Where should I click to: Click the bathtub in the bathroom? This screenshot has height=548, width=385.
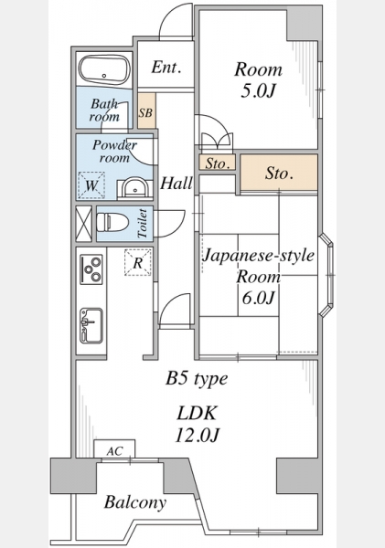(104, 69)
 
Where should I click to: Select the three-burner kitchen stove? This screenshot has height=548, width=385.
(91, 269)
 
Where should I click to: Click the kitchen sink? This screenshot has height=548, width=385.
(91, 326)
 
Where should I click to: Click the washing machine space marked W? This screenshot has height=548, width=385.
(91, 185)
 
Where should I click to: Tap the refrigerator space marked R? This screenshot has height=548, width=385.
(138, 262)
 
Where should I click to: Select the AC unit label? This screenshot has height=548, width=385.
(114, 451)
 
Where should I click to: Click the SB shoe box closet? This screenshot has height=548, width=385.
(146, 111)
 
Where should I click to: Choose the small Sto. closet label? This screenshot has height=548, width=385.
(218, 163)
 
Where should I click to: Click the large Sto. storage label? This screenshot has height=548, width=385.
(279, 173)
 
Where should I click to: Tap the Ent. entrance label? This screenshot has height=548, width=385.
(166, 67)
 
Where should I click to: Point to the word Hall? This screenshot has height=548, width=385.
(176, 183)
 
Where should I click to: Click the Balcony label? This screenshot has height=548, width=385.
(135, 502)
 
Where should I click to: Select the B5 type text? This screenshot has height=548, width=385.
(197, 379)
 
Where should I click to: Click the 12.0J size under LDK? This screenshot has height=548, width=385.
(197, 436)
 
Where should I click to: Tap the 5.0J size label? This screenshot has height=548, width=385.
(258, 90)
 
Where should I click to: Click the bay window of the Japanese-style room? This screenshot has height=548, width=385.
(326, 275)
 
